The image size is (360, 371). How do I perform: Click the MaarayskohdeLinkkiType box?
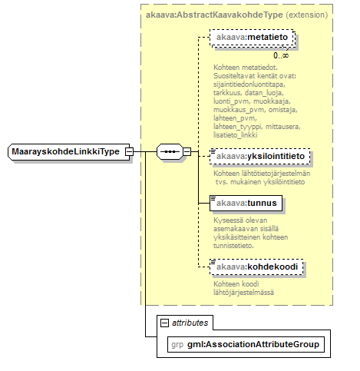[69, 152]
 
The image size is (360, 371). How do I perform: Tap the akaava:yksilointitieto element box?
[259, 156]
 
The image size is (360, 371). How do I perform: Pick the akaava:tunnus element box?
[246, 204]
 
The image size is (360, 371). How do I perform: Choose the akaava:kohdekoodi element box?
[256, 267]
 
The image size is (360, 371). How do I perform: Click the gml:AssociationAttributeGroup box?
[246, 344]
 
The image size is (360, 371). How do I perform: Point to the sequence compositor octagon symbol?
[170, 151]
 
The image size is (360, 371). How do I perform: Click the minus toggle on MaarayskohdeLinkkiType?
[129, 151]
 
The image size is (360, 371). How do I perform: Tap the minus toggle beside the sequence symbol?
[187, 151]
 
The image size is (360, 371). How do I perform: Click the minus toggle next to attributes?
[164, 323]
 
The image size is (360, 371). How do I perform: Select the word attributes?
[190, 323]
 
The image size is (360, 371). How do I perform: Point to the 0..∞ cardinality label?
[281, 55]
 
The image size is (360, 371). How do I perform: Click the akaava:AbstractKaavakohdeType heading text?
[214, 15]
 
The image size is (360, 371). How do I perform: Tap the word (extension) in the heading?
[307, 15]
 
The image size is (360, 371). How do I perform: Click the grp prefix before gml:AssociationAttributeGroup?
[177, 345]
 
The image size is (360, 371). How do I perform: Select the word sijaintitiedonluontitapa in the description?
[249, 84]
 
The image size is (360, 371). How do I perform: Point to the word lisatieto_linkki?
[236, 135]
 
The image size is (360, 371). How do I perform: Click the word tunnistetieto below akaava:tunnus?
[233, 246]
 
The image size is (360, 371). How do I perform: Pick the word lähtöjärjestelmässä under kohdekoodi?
[243, 293]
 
